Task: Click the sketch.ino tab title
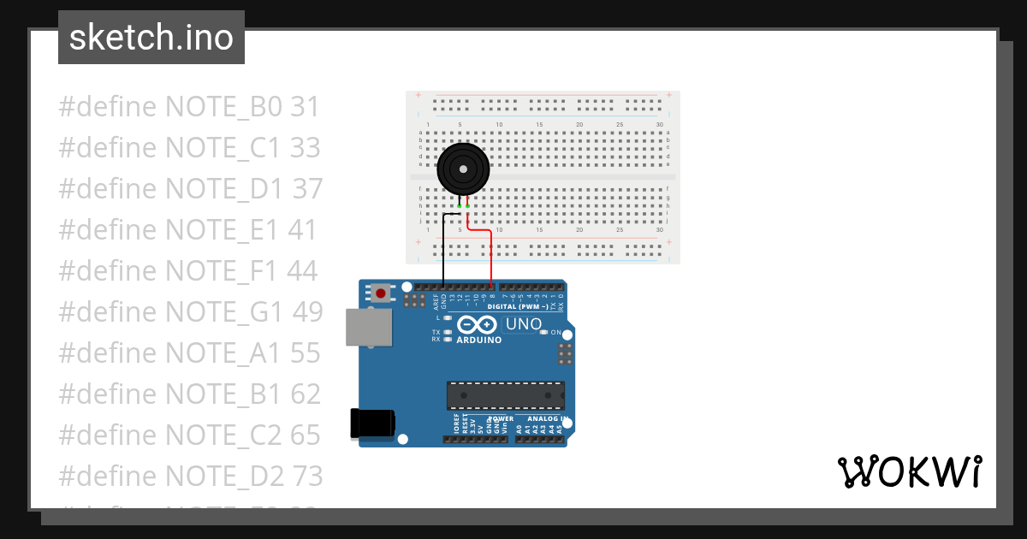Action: point(151,38)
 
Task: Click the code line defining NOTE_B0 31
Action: point(188,108)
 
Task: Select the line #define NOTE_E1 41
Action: point(187,230)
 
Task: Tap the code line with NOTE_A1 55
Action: point(189,352)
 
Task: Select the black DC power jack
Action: point(372,423)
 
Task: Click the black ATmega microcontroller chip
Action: point(505,395)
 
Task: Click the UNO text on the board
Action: point(524,324)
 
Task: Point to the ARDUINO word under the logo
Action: point(478,340)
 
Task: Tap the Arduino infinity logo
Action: point(477,325)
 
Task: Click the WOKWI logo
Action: point(909,471)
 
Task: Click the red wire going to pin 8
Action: point(491,257)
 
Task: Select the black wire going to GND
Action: point(442,252)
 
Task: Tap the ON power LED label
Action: point(555,332)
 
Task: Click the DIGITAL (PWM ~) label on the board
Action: point(517,305)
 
